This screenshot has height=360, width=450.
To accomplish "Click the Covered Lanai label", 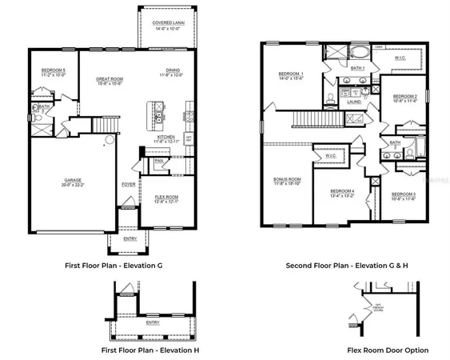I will pyautogui.click(x=168, y=25).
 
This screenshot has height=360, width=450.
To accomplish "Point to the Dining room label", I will pyautogui.click(x=173, y=73).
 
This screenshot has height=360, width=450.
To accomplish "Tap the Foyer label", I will pyautogui.click(x=128, y=184).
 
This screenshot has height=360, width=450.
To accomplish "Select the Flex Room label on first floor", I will pyautogui.click(x=165, y=198).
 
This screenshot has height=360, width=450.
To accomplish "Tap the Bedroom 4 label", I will pyautogui.click(x=341, y=192).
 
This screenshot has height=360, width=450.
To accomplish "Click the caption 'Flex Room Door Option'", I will pyautogui.click(x=388, y=350).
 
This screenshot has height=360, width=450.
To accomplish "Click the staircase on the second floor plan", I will pyautogui.click(x=305, y=120).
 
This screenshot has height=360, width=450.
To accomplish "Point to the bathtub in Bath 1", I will pyautogui.click(x=359, y=56).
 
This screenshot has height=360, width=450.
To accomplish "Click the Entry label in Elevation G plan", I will pyautogui.click(x=129, y=238).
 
